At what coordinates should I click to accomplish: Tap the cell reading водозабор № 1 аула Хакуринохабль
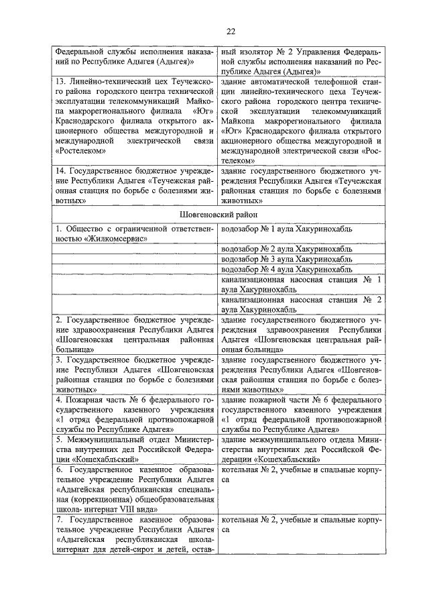(x=287, y=229)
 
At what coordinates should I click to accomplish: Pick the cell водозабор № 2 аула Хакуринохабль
(x=287, y=249)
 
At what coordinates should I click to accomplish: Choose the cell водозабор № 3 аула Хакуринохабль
(x=287, y=259)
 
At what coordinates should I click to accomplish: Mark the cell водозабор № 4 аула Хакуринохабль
(x=287, y=269)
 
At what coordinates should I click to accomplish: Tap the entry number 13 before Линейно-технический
(x=60, y=80)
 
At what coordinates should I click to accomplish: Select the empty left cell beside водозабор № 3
(x=135, y=259)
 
